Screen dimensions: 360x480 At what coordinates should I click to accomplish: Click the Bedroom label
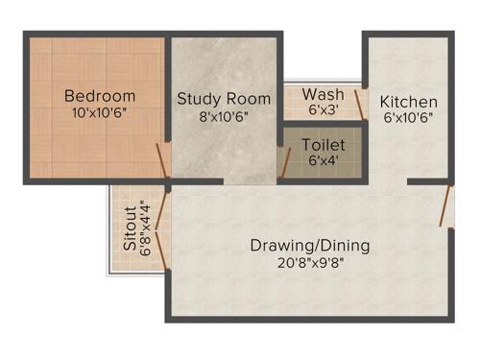[100, 96]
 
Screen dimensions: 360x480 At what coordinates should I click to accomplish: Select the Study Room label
[223, 99]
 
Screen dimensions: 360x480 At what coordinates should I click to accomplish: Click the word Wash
[323, 94]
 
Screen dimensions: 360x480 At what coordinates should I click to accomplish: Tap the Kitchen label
[408, 102]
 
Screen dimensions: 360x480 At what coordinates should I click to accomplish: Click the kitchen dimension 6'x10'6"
[408, 118]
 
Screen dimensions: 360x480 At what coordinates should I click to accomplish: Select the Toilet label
[323, 145]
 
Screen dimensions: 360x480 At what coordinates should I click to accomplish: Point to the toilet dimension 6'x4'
[323, 160]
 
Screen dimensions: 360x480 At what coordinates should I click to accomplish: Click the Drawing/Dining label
[310, 245]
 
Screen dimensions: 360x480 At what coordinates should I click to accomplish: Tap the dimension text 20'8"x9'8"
[310, 263]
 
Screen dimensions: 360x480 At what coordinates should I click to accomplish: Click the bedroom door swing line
[163, 161]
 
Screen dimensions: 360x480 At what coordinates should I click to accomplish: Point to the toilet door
[283, 161]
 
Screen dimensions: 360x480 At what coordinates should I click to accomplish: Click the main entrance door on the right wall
[444, 205]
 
